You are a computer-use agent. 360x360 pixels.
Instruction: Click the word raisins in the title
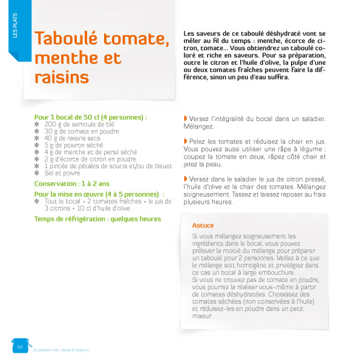(x=62, y=77)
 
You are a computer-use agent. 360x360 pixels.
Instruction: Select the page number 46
(x=19, y=347)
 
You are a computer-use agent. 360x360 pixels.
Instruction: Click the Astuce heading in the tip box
(x=203, y=226)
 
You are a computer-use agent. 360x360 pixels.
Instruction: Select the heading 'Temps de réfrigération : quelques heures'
(x=97, y=218)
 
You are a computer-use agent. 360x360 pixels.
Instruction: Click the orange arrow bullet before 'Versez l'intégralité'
(x=185, y=119)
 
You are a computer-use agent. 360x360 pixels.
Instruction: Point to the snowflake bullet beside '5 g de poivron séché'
(x=38, y=145)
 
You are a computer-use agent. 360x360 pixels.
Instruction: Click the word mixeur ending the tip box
(x=201, y=316)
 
